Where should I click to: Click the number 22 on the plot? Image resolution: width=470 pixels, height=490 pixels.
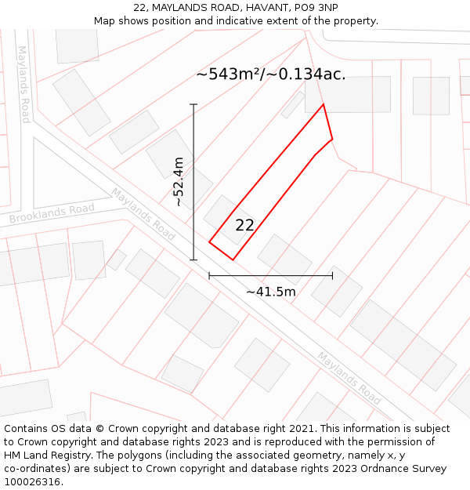[x=244, y=225]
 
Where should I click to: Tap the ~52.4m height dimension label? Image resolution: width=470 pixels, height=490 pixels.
[x=179, y=182]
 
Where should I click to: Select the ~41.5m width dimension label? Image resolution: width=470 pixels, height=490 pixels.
[x=271, y=292]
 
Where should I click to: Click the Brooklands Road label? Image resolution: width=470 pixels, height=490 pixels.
[x=52, y=212]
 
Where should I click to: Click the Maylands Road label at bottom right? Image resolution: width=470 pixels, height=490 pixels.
[x=349, y=373]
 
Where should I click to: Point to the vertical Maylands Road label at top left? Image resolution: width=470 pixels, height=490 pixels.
[x=23, y=84]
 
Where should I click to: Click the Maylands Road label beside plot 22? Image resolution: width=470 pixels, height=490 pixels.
[x=143, y=213]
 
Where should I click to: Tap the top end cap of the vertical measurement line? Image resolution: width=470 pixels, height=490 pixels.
[x=193, y=104]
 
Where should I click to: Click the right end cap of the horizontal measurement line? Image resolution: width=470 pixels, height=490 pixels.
[x=332, y=275]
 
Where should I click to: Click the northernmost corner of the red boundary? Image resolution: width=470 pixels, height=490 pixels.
[x=324, y=104]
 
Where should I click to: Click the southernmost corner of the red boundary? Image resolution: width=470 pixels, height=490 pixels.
[x=233, y=260]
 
